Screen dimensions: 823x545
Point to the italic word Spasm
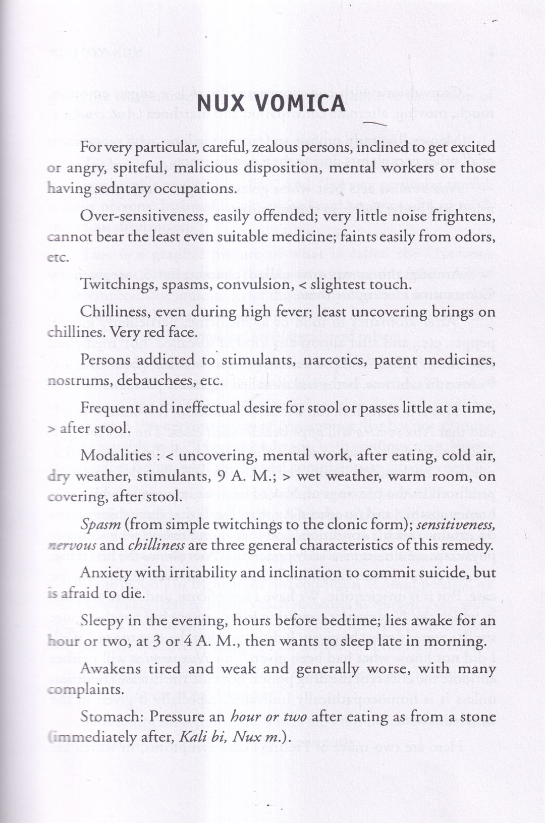pos(101,524)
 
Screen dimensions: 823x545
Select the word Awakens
pos(107,669)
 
